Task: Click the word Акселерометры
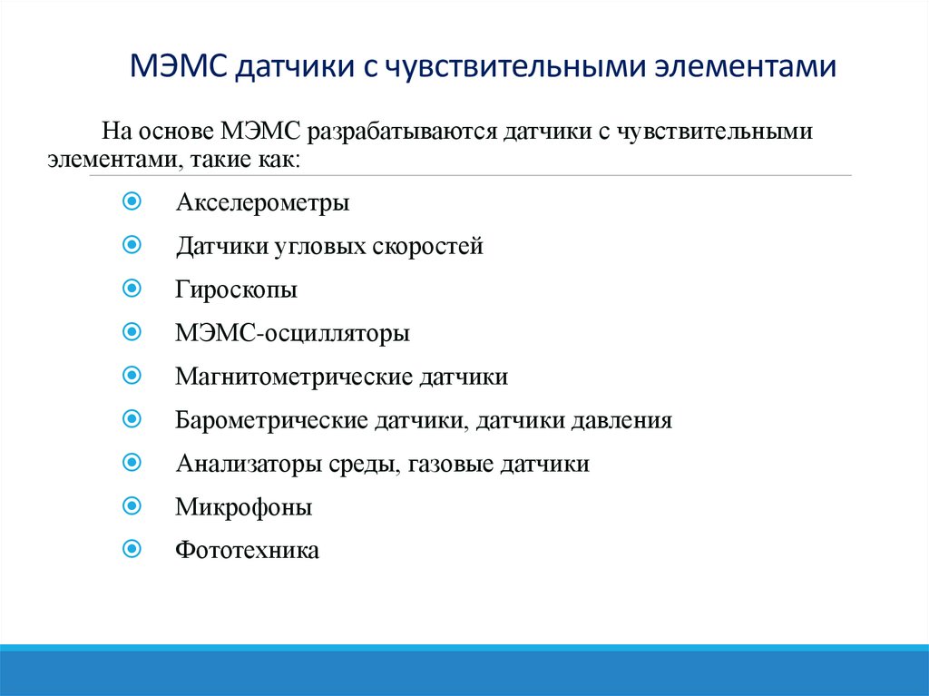(x=262, y=202)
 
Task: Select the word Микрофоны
(x=243, y=506)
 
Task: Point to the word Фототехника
(x=247, y=550)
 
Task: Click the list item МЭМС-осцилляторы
(x=292, y=333)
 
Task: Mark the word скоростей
(x=427, y=246)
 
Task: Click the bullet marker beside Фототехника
(x=131, y=549)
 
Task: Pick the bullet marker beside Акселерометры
(x=131, y=201)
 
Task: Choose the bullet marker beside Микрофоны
(x=131, y=505)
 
